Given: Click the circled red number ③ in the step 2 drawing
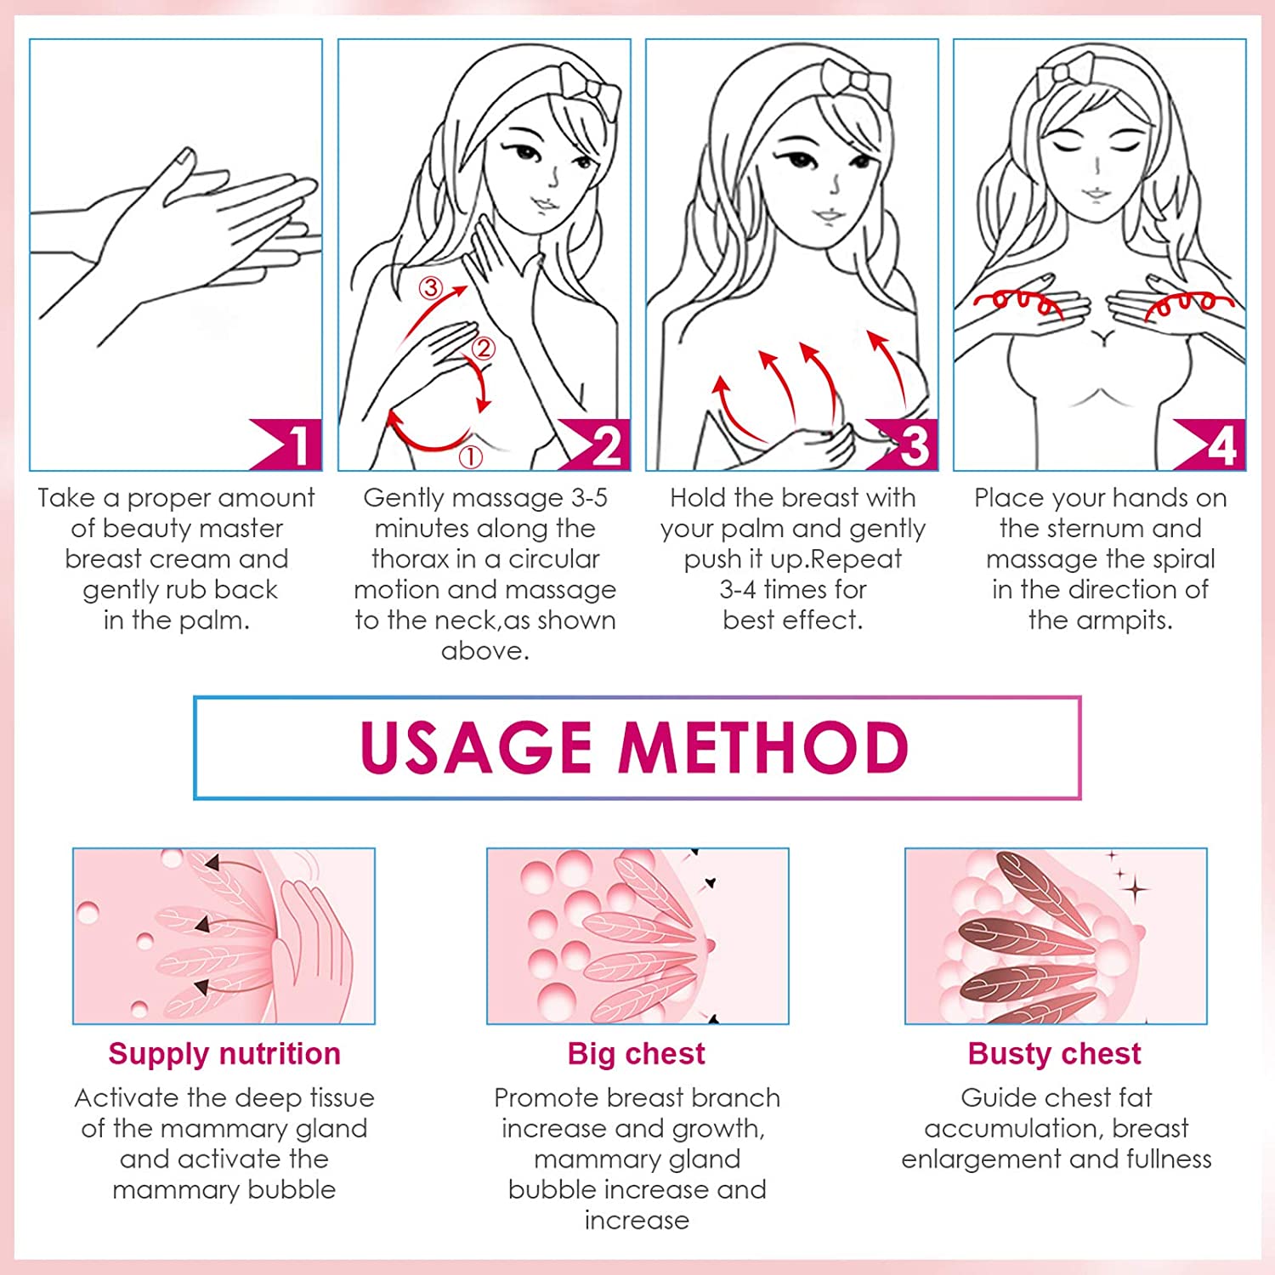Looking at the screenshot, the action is click(x=431, y=288).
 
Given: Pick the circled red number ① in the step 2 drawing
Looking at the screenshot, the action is click(x=470, y=457).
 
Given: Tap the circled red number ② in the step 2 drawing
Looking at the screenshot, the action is click(x=483, y=348).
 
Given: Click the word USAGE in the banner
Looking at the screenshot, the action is click(x=476, y=748).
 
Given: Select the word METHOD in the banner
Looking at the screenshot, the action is click(x=764, y=748).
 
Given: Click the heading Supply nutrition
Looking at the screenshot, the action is click(x=224, y=1054).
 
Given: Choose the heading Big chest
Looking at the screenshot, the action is click(x=637, y=1054).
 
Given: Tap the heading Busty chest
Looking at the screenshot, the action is click(x=1055, y=1054).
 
